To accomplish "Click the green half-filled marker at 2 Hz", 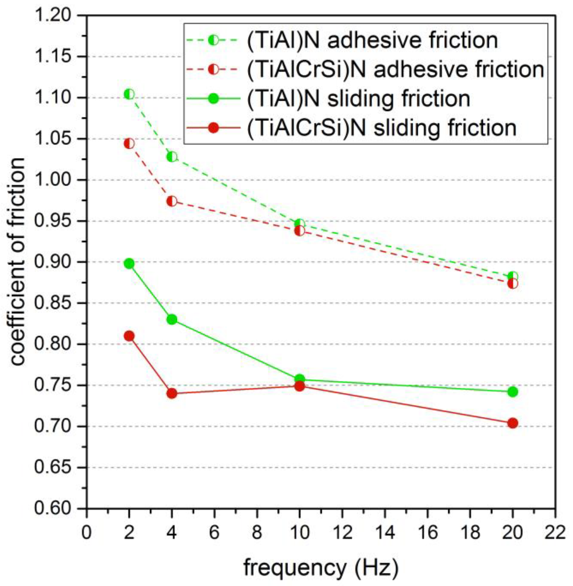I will click(129, 94).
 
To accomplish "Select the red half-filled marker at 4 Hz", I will click(172, 201).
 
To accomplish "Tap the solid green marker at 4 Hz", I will click(172, 320).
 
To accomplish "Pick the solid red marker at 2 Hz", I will click(129, 336).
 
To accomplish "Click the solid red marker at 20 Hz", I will click(513, 423).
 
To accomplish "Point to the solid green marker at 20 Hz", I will click(513, 392).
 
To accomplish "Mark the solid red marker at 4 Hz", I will click(172, 393).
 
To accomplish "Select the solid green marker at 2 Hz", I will click(129, 264).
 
